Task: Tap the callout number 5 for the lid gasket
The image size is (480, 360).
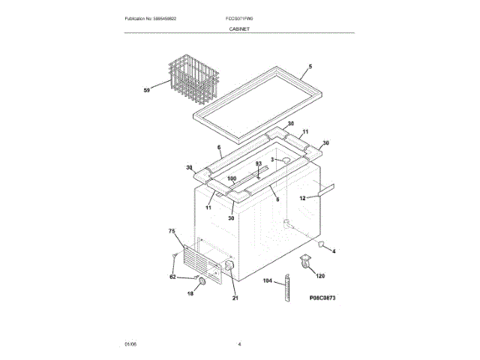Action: (309, 67)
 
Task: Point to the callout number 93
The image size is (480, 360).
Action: (258, 163)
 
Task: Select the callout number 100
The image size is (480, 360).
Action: (232, 179)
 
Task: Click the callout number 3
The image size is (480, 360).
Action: (272, 160)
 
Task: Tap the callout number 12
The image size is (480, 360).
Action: (302, 199)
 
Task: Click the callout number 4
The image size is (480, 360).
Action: (334, 250)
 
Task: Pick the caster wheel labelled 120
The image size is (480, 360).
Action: (305, 262)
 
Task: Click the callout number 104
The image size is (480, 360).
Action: (268, 281)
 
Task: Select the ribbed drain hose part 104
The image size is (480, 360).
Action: (286, 290)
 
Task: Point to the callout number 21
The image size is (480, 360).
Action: (235, 299)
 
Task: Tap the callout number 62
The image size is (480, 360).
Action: (172, 277)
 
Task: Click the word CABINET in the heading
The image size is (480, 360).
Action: (240, 28)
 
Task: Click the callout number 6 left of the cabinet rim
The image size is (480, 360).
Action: (219, 147)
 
